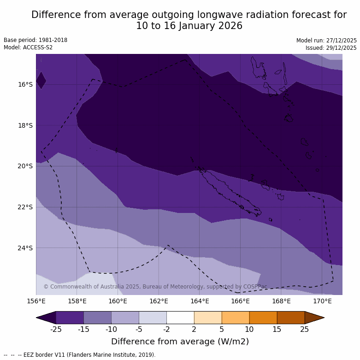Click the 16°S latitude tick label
coord(25,84)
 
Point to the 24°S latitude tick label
coord(25,248)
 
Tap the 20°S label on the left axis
coord(25,166)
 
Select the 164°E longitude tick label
coord(200,301)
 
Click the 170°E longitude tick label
coord(322,301)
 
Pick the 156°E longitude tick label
coord(36,301)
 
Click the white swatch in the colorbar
coord(180,318)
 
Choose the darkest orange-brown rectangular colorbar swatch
coord(291,318)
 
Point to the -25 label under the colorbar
coord(56,329)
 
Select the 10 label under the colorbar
coord(249,329)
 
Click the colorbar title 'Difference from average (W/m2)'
coord(180,342)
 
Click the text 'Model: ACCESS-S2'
coord(28,47)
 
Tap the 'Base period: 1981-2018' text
coord(35,40)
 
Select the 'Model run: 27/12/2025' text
coord(326,41)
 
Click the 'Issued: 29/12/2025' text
coord(331,48)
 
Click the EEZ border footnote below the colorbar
coord(80,355)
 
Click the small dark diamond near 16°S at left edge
coord(41,80)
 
